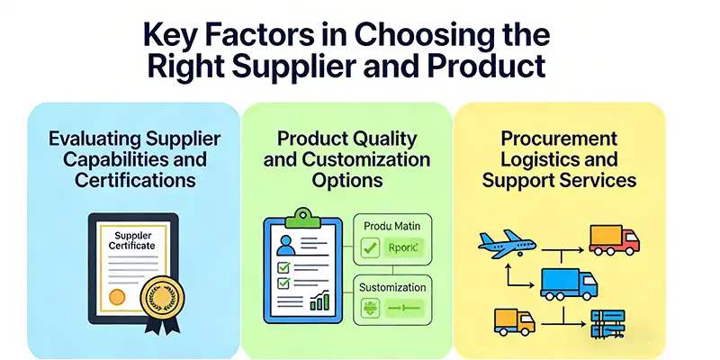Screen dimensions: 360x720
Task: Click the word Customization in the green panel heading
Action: coord(373,159)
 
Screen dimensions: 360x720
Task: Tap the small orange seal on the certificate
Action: coord(116,296)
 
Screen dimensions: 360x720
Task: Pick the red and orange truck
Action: coord(614,238)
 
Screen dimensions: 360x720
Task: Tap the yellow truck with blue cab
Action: coord(513,319)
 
